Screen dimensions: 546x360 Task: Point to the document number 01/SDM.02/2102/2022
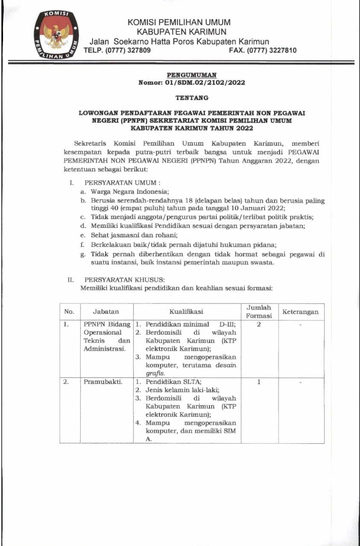pyautogui.click(x=205, y=83)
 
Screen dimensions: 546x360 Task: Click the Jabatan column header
pyautogui.click(x=106, y=312)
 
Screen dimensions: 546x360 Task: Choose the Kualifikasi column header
pyautogui.click(x=186, y=312)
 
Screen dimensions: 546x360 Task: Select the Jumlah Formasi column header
pyautogui.click(x=259, y=311)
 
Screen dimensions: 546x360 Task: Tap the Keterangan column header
pyautogui.click(x=300, y=312)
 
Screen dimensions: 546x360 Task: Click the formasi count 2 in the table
pyautogui.click(x=258, y=325)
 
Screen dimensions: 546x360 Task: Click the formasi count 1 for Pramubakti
pyautogui.click(x=258, y=382)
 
